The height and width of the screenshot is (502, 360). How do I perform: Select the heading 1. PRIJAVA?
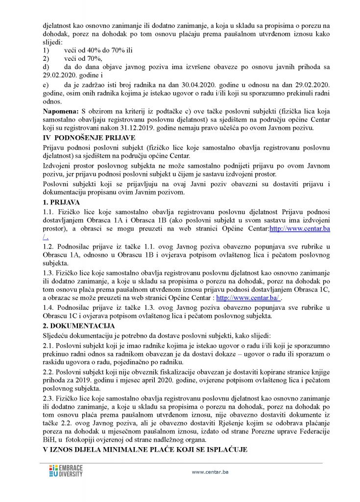(x=62, y=202)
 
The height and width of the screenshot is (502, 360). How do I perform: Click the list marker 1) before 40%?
(x=47, y=50)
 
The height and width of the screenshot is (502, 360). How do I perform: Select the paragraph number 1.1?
(x=48, y=211)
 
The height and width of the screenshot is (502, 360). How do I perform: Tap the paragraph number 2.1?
(x=48, y=346)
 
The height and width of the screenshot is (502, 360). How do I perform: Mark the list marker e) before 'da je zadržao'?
(x=46, y=84)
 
